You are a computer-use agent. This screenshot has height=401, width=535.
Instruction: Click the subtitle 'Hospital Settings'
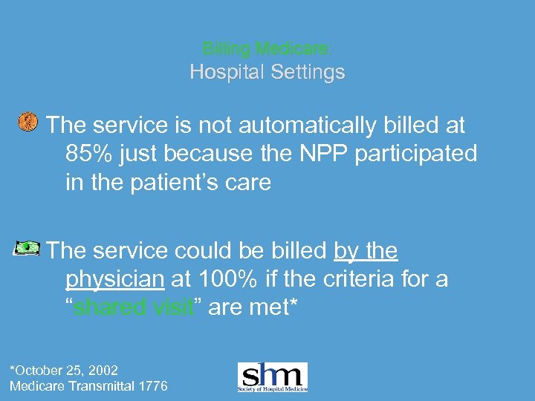(x=267, y=72)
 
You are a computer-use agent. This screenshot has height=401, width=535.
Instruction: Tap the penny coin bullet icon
(x=27, y=122)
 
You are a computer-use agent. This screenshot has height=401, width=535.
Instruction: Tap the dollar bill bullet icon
(x=27, y=248)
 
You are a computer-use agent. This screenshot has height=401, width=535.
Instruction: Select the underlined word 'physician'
(x=115, y=280)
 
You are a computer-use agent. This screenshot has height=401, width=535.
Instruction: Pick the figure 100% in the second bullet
(x=234, y=280)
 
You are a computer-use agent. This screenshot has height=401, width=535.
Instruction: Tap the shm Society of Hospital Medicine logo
(x=272, y=376)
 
